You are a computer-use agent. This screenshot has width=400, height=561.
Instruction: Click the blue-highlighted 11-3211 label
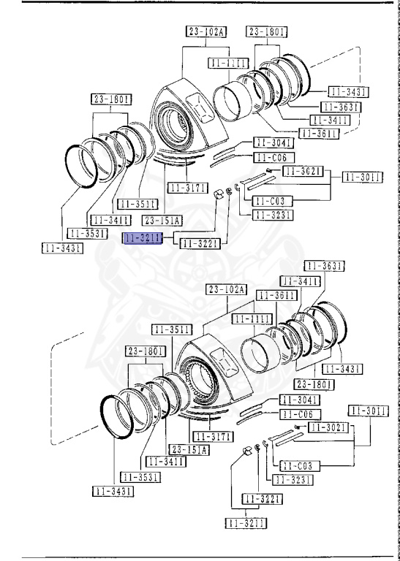[143, 238]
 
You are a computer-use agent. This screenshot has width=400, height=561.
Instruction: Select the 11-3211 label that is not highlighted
[245, 523]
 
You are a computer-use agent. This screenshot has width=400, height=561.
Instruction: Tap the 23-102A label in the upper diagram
[206, 31]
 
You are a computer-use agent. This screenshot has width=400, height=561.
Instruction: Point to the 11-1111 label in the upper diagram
[228, 64]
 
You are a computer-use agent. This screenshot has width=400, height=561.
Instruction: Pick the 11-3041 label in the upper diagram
[273, 142]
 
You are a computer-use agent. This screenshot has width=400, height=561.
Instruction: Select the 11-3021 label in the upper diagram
[303, 171]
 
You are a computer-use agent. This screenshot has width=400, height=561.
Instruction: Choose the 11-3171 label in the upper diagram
[187, 188]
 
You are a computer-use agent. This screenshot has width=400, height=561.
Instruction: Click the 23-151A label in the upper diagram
[162, 221]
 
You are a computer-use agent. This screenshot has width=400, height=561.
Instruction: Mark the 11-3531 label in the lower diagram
[140, 477]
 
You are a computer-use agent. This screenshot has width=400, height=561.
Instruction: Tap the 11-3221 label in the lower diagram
[261, 499]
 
